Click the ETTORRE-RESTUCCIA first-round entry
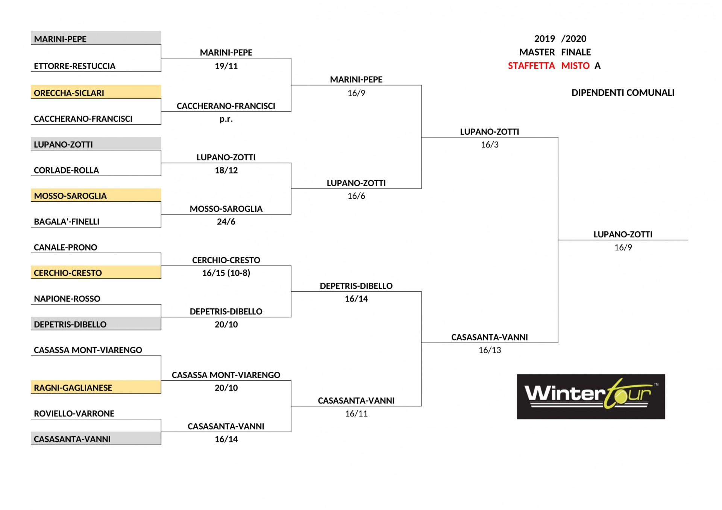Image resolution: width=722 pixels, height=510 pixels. point(74,66)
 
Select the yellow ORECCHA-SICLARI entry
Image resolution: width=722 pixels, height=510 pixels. point(69,93)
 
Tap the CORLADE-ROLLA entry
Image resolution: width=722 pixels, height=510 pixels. point(66,171)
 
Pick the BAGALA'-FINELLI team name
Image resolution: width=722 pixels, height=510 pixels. point(67,222)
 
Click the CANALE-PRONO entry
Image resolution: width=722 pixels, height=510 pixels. point(65,247)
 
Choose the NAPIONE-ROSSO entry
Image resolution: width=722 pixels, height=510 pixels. point(67,299)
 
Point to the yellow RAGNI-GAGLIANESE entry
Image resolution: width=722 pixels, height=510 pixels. point(73,388)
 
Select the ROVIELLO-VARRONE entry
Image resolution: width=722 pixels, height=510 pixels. point(74,414)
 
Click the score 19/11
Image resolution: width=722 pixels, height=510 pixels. point(226,66)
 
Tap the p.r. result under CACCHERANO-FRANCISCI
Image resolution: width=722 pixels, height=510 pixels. point(226,119)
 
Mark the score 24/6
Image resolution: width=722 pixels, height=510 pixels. point(226,222)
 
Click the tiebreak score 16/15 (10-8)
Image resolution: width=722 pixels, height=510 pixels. point(226,273)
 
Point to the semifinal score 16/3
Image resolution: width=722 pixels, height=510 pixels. point(490,145)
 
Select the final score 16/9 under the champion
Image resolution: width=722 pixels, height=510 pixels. point(623,247)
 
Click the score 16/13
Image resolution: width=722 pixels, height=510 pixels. point(490,350)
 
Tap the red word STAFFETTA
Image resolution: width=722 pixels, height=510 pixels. point(531,66)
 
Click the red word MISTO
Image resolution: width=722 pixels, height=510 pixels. point(575,66)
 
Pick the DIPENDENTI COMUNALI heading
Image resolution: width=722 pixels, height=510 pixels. point(623,93)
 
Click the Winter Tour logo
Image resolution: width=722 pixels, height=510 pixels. point(591,397)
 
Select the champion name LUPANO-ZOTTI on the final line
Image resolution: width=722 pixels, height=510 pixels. point(623,235)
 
